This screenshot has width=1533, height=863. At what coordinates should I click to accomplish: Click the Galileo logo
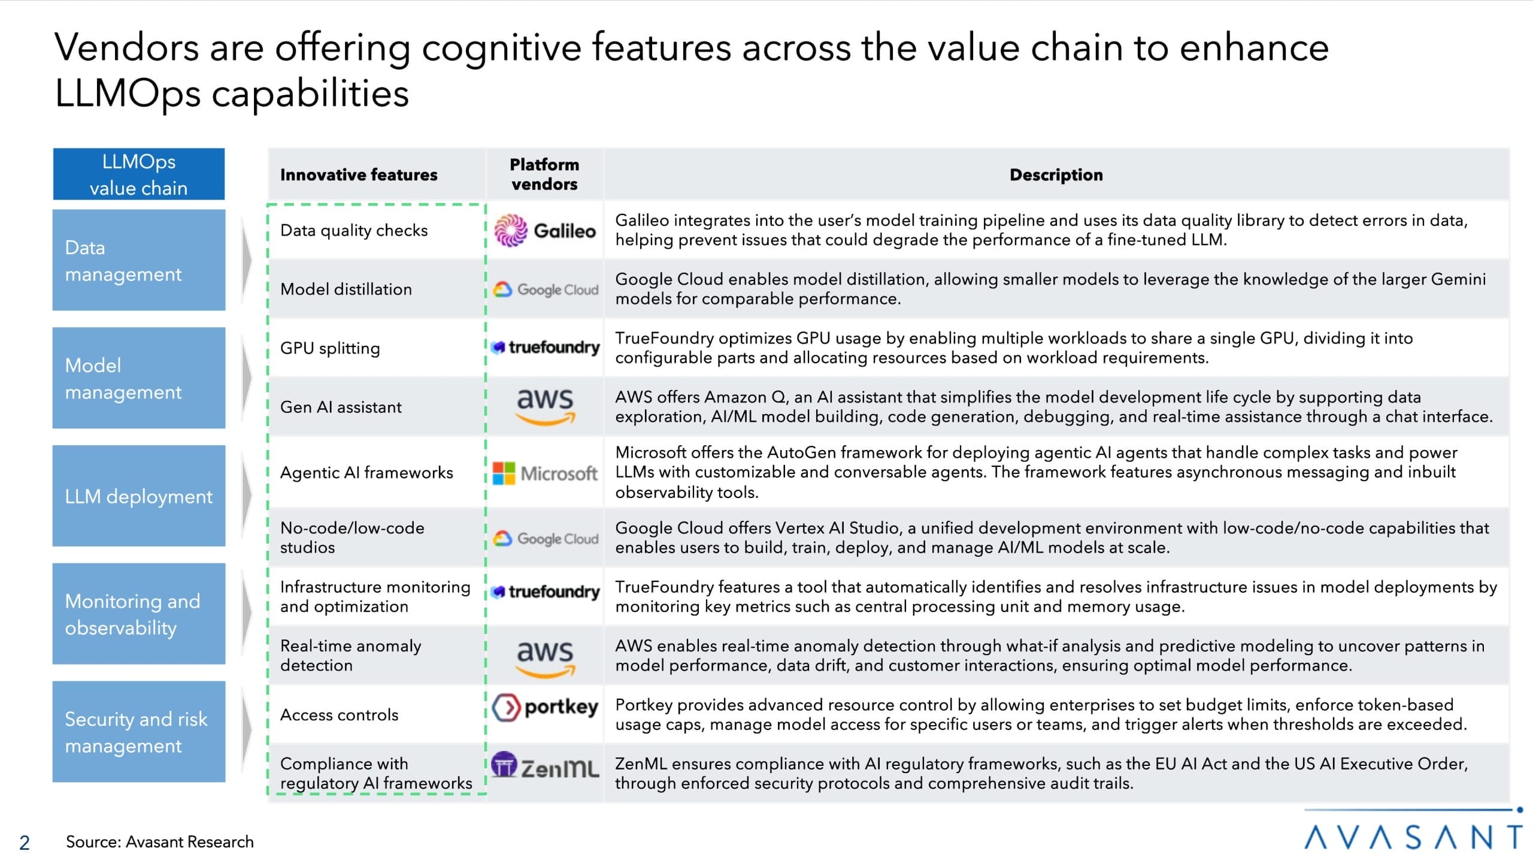[545, 231]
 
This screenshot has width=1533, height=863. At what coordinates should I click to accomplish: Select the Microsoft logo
[545, 473]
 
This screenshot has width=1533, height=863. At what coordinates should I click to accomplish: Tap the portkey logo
[545, 707]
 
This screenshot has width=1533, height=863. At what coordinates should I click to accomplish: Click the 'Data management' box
[139, 260]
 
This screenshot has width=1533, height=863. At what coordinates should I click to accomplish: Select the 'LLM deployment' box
[139, 496]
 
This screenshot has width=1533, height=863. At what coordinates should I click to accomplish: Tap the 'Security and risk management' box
[139, 732]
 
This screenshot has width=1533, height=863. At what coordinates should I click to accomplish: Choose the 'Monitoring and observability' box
[139, 614]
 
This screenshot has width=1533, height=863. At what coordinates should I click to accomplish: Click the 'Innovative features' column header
[359, 175]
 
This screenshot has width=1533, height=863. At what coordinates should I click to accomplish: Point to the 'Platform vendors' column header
[544, 174]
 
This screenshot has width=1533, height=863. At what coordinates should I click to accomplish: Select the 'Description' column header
[1056, 175]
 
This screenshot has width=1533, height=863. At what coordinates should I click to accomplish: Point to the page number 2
[25, 843]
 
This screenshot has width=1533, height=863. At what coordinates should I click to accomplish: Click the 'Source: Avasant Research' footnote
[160, 842]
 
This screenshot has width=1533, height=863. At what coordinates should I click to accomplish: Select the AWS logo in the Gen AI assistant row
[545, 406]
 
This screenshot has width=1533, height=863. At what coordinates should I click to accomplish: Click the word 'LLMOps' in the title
[127, 94]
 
